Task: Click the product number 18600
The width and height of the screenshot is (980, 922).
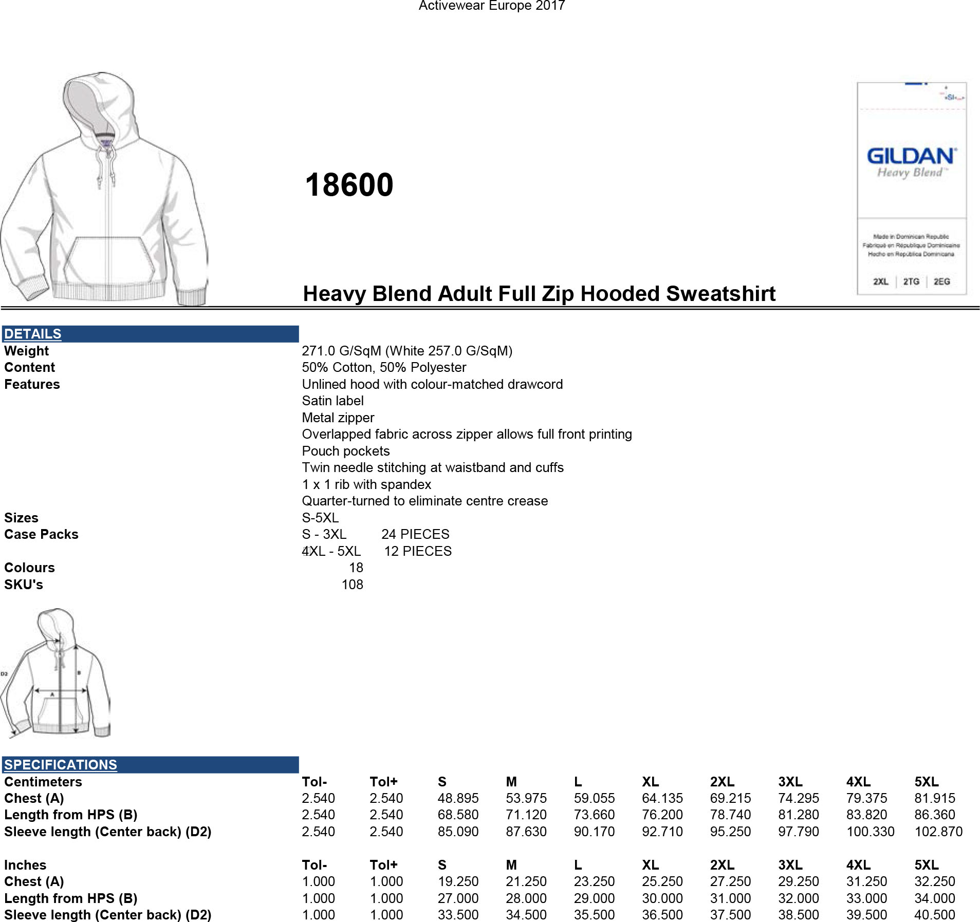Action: (349, 185)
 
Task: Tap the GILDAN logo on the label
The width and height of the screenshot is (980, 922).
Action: (911, 156)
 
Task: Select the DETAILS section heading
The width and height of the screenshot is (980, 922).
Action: (32, 334)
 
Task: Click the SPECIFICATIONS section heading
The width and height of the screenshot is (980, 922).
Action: (61, 764)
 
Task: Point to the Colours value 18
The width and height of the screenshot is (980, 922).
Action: (356, 568)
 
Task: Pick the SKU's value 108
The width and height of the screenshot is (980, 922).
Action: (352, 585)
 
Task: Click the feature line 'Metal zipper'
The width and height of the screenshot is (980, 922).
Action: (338, 418)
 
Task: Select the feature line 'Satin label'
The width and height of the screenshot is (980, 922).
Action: (332, 401)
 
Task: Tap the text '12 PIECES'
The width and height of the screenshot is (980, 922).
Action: (418, 551)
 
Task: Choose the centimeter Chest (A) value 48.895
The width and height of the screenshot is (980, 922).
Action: (458, 798)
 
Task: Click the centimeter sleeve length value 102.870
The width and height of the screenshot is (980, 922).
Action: (938, 832)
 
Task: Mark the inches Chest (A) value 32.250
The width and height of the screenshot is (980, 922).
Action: (934, 881)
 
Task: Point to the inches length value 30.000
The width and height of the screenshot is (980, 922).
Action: (662, 898)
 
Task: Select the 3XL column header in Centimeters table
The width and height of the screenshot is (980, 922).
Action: (790, 782)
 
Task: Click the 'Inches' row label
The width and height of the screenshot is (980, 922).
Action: (25, 865)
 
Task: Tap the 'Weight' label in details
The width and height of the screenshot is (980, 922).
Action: (26, 351)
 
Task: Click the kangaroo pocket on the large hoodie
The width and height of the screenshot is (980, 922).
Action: (109, 259)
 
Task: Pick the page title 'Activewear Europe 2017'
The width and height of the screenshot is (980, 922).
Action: (492, 6)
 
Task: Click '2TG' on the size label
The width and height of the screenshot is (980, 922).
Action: (911, 281)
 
